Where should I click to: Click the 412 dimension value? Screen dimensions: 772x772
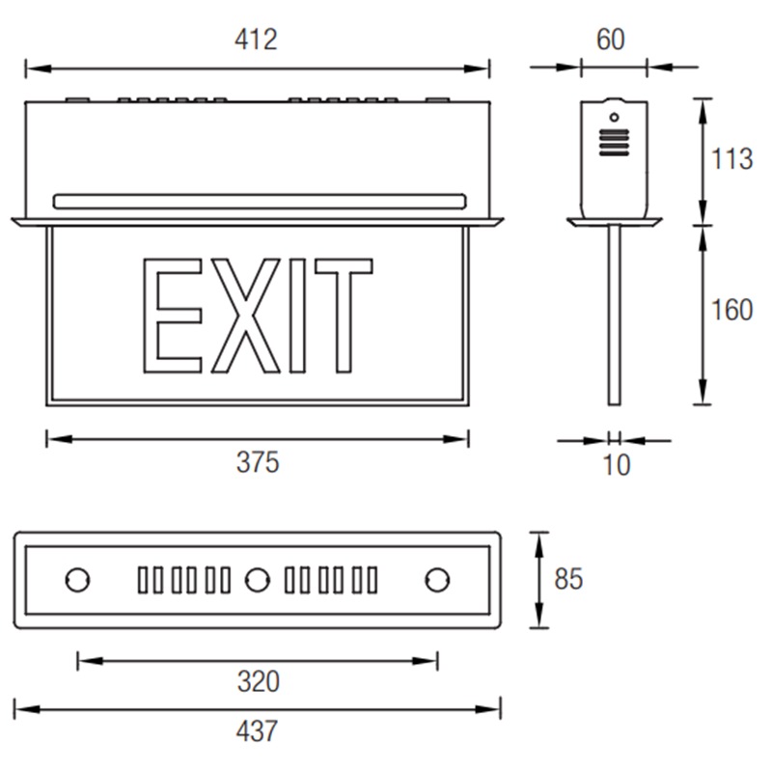point(256,40)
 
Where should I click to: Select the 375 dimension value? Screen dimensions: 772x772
point(258,462)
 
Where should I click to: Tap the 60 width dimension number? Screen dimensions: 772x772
point(611,40)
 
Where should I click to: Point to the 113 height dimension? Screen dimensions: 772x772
point(732,159)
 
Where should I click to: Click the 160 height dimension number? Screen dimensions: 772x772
point(732,310)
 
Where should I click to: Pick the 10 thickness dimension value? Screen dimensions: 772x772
point(617,465)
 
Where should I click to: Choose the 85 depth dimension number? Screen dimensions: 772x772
point(568,579)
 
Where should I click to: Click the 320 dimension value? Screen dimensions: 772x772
point(259,682)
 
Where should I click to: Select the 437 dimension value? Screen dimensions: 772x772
point(257,731)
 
